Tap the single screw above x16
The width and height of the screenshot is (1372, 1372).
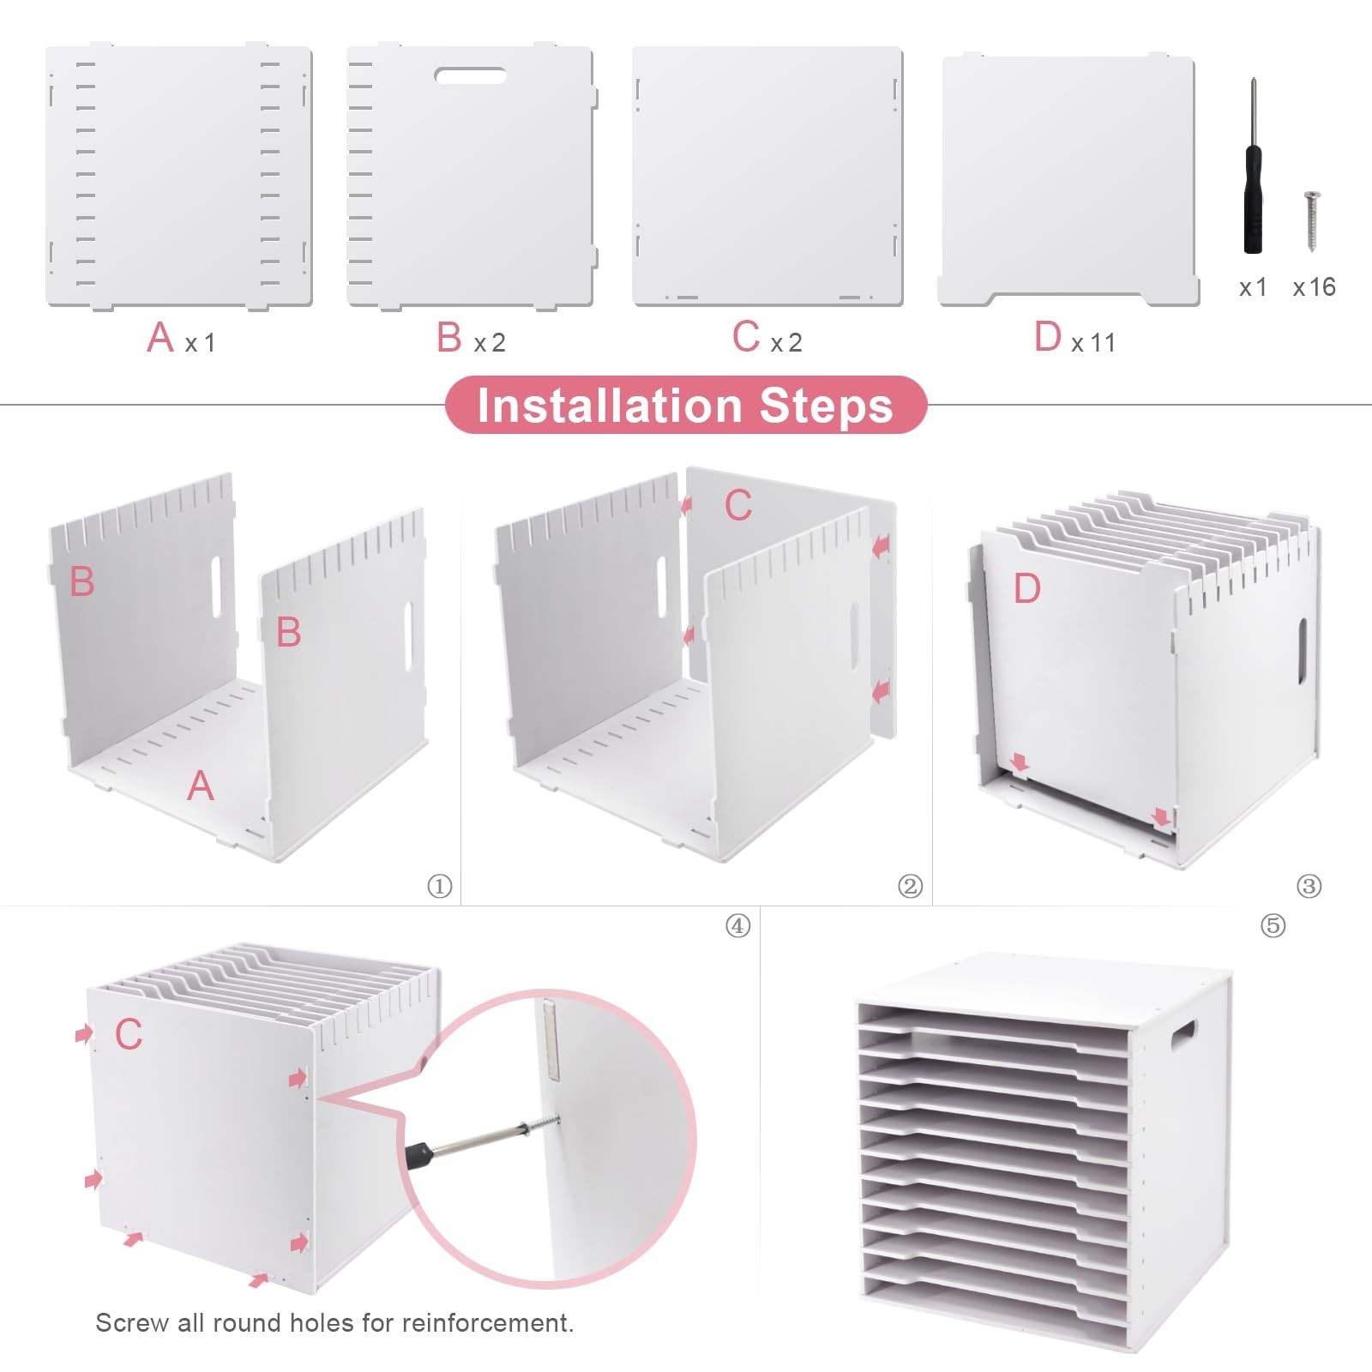(x=1311, y=221)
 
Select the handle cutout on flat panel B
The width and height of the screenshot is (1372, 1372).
(x=470, y=75)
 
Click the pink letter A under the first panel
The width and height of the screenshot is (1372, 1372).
(x=160, y=336)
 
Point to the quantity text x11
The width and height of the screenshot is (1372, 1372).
(x=1093, y=343)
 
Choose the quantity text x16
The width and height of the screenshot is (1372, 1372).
(x=1315, y=287)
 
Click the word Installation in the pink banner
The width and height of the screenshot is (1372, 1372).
(x=609, y=406)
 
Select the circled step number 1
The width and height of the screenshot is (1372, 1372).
(x=440, y=886)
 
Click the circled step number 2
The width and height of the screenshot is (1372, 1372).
(x=910, y=886)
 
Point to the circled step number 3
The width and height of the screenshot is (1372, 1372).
(x=1309, y=886)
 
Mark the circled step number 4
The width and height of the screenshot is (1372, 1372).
(x=738, y=926)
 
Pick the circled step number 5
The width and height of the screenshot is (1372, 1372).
(x=1273, y=925)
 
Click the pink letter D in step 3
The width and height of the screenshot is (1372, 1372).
(x=1026, y=588)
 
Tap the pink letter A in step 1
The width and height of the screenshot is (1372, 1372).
(x=200, y=785)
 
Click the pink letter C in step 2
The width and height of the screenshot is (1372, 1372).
(x=738, y=505)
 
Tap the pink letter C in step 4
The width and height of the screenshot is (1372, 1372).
(x=129, y=1034)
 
